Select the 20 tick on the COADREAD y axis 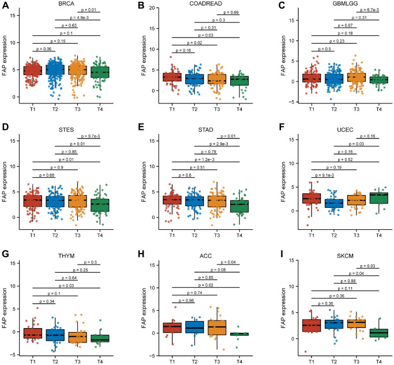(x=148, y=8)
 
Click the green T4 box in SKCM (x=379, y=333)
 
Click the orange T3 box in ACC (x=217, y=327)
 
